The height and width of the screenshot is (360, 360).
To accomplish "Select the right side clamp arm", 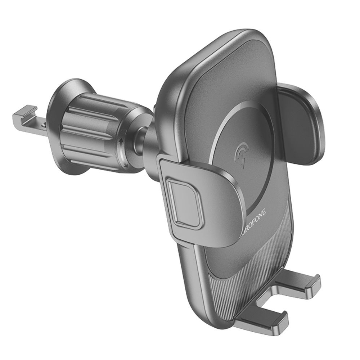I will click(x=301, y=122).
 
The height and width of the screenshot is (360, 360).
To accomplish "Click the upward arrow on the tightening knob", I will click(x=121, y=141).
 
